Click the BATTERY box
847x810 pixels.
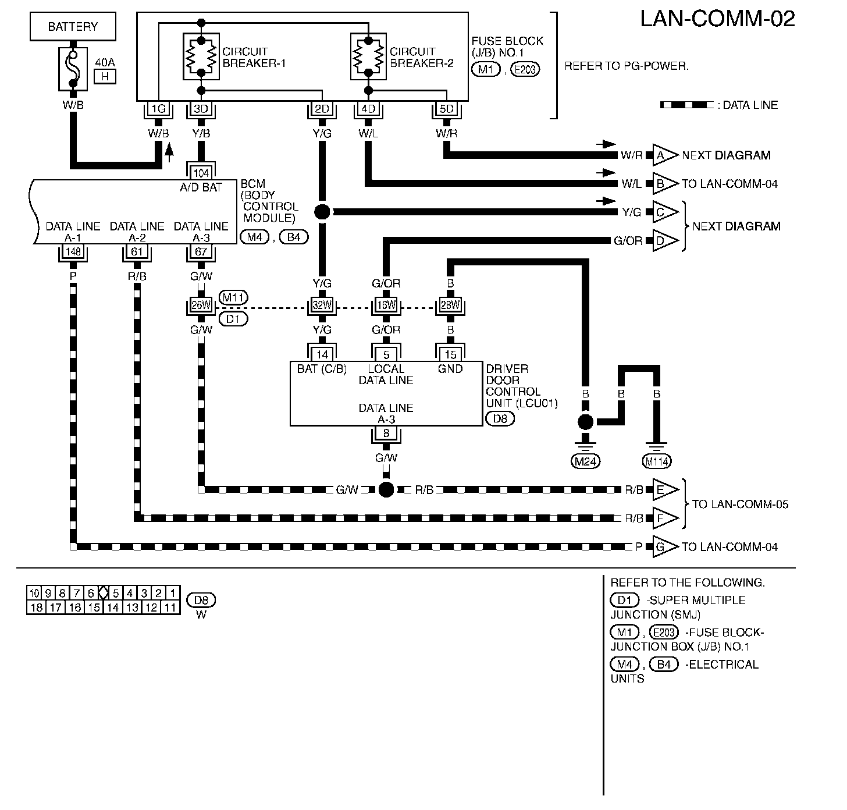(73, 26)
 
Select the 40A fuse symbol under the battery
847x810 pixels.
(73, 69)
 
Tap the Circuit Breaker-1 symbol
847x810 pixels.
(201, 56)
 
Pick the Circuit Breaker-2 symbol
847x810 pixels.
(368, 56)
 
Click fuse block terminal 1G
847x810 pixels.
(158, 109)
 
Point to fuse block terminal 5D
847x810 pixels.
(447, 109)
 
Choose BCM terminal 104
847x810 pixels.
(201, 173)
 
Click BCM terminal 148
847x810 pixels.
(73, 252)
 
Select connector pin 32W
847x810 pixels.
(322, 305)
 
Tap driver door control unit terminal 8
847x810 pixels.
(386, 434)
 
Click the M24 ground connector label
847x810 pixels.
(585, 461)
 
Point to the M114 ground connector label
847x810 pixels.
(657, 461)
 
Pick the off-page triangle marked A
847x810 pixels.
(665, 155)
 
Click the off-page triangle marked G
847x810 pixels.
(665, 546)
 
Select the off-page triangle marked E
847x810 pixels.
(665, 490)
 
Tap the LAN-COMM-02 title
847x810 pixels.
(717, 19)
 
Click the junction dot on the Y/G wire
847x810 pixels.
(322, 212)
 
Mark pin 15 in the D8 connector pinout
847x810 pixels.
(94, 607)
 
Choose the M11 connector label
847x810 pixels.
(233, 298)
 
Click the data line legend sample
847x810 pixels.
(687, 105)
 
